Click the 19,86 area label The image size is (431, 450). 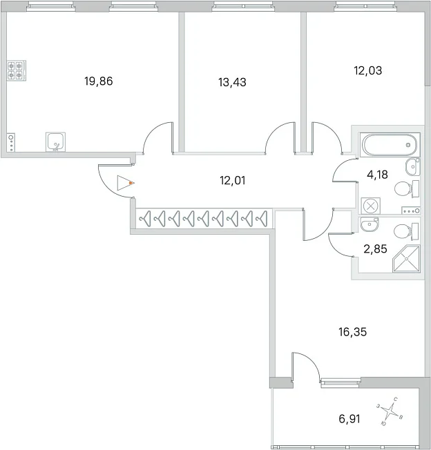click(99, 81)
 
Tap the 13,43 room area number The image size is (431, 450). click(232, 82)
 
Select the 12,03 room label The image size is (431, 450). click(368, 70)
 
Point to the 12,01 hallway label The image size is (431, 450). click(232, 181)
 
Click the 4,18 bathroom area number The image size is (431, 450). click(377, 175)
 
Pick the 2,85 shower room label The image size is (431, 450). click(375, 249)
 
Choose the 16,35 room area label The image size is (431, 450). click(353, 332)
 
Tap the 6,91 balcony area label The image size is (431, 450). click(349, 419)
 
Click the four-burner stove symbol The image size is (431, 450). click(17, 70)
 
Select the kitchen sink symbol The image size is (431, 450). click(55, 141)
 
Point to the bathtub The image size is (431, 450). click(390, 145)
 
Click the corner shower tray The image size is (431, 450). click(406, 259)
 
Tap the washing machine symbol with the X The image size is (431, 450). click(371, 206)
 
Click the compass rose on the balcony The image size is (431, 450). click(390, 411)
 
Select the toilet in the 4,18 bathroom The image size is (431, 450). click(407, 189)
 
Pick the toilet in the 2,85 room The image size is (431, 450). click(406, 232)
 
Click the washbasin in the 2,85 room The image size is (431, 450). click(370, 224)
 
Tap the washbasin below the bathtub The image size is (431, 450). click(413, 167)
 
